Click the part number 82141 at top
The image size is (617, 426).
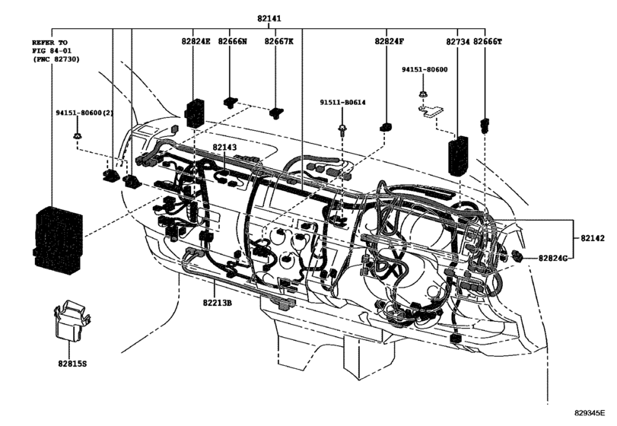point(269,18)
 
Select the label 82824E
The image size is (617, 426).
point(196,41)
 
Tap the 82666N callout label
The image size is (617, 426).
point(232,41)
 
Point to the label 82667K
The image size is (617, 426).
point(278,41)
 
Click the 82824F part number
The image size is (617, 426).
point(390,41)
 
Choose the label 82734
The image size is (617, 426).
point(458,42)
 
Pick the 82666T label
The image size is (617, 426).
point(487,41)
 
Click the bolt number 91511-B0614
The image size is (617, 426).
point(342,103)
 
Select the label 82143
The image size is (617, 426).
point(224,147)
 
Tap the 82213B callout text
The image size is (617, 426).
point(218,303)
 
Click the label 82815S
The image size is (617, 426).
point(72,364)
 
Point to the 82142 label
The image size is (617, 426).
point(593,238)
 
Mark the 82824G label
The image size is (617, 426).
point(553,259)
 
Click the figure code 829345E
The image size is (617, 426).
point(590,413)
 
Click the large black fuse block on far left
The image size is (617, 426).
point(58,239)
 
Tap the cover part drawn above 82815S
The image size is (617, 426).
point(72,319)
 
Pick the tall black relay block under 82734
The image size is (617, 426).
point(458,155)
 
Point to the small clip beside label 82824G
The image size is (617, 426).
point(517,256)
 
